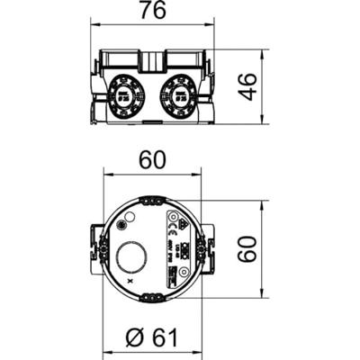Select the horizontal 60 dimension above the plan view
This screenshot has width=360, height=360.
[152, 159]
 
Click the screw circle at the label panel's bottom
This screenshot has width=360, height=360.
[183, 271]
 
